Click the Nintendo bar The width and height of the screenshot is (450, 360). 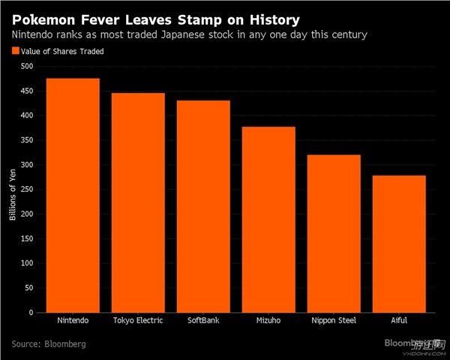click(x=73, y=195)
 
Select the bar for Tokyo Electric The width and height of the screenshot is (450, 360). click(x=138, y=202)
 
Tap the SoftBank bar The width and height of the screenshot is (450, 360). click(x=203, y=206)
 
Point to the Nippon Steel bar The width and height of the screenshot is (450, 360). click(x=333, y=233)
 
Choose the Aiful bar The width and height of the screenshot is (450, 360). click(x=398, y=244)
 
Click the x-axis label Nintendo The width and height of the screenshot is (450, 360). click(x=73, y=321)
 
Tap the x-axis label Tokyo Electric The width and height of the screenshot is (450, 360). click(x=138, y=321)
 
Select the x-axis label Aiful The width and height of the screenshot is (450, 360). click(x=398, y=321)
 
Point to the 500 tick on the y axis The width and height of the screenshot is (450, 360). click(x=27, y=66)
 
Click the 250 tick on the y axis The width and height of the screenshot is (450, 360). click(x=27, y=190)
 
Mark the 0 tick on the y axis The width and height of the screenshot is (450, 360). click(x=31, y=313)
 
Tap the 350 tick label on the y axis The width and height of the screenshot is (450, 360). click(x=27, y=140)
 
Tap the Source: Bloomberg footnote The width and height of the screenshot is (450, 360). click(x=49, y=343)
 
